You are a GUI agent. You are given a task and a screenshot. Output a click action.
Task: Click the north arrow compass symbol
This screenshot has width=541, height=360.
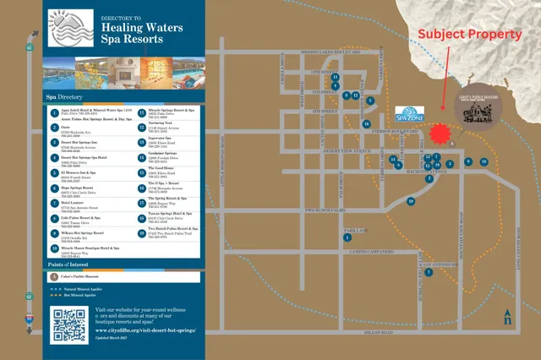(506, 316)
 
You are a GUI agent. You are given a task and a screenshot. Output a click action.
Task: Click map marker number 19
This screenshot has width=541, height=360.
(411, 201)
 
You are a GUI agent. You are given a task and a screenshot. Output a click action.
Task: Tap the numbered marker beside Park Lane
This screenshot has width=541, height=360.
(347, 237)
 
